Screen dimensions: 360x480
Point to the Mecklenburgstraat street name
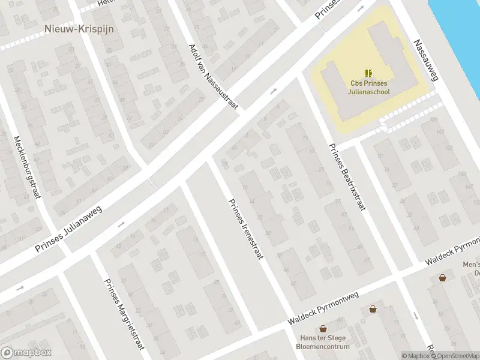(26, 169)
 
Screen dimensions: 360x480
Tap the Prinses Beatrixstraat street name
(347, 177)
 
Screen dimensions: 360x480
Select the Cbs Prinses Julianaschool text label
(370, 88)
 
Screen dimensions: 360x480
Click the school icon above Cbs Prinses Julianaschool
(369, 73)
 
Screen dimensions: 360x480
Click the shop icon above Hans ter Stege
(323, 329)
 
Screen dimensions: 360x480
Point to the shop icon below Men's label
(442, 278)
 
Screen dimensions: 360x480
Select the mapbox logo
(26, 353)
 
